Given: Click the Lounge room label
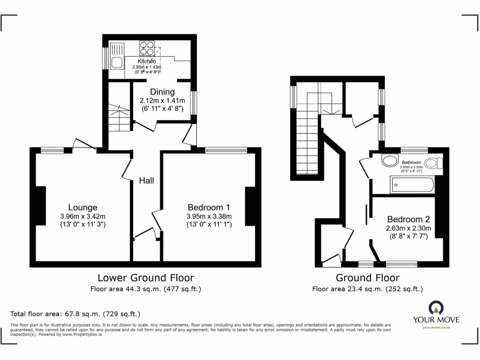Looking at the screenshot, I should (82, 207).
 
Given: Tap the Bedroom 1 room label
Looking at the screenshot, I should (208, 207).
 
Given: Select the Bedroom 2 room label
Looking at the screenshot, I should (408, 219).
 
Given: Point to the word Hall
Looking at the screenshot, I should (146, 180).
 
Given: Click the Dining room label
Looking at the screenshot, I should (162, 92).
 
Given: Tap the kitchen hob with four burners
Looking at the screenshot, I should (147, 49).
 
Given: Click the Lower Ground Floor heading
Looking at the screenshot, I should (145, 278).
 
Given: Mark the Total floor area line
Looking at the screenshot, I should (75, 314).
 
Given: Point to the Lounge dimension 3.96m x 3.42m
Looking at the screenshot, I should (82, 216).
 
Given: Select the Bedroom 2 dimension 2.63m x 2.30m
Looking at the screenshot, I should (408, 228).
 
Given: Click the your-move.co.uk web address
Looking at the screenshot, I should (436, 327).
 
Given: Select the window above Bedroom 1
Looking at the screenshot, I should (226, 150).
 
